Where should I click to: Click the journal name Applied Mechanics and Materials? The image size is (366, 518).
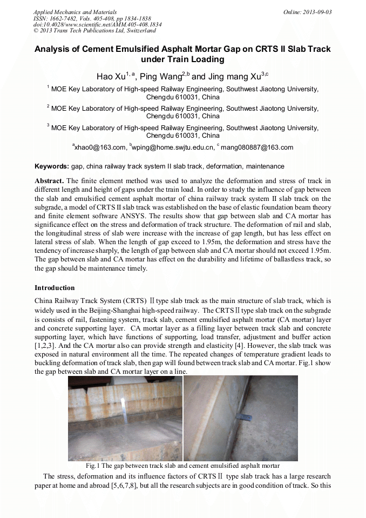[x=75, y=12]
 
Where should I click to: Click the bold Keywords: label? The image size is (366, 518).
[x=52, y=166]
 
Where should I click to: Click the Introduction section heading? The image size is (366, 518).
[x=55, y=288]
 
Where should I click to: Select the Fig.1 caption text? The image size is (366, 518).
[x=182, y=465]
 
